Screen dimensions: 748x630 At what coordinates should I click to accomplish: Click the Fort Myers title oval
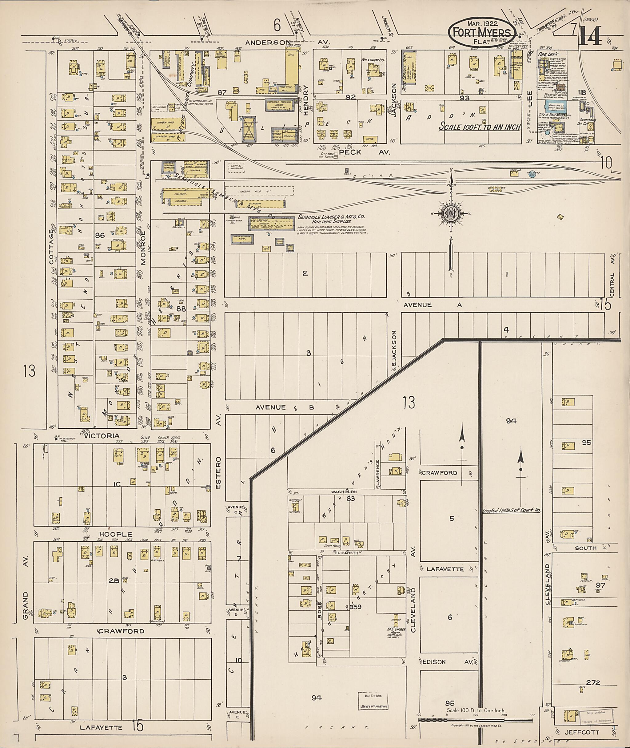[482, 32]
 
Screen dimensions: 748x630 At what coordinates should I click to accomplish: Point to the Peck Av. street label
[365, 152]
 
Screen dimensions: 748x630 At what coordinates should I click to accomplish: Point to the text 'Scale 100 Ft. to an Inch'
[480, 127]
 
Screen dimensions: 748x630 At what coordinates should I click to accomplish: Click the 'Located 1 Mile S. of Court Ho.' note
[512, 510]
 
